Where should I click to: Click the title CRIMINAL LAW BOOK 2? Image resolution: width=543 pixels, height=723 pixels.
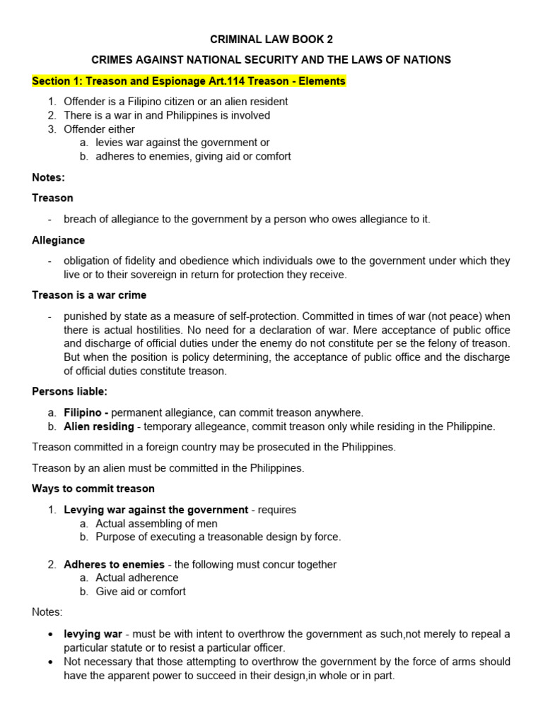[271, 40]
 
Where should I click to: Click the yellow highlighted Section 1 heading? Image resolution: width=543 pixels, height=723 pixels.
[189, 81]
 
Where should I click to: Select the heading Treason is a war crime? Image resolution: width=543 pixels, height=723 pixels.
[89, 295]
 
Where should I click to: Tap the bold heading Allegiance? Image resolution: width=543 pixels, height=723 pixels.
[58, 241]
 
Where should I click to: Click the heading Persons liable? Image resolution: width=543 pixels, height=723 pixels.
[69, 391]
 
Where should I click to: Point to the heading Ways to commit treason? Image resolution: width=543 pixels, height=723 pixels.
[93, 489]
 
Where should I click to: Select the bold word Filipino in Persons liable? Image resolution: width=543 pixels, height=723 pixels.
[84, 412]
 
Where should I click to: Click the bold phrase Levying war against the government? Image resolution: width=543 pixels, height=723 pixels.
[156, 510]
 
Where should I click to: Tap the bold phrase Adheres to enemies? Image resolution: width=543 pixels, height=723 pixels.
[114, 564]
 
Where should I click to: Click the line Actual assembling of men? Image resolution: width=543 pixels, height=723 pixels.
[156, 523]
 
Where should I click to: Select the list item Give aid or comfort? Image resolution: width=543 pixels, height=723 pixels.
[141, 592]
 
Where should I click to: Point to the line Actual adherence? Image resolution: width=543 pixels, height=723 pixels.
[137, 578]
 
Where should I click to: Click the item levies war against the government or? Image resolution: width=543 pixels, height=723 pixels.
[182, 143]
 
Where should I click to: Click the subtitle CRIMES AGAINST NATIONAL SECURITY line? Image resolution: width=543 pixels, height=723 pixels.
[271, 60]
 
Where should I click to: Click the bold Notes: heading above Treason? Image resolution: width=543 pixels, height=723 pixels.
[48, 177]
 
